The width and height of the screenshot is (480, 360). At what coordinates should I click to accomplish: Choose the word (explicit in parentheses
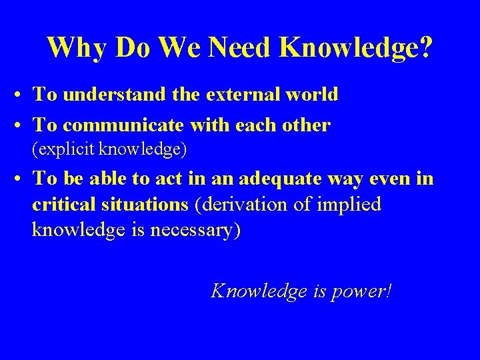(x=65, y=149)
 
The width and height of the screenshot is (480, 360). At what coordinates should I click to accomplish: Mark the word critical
(x=61, y=205)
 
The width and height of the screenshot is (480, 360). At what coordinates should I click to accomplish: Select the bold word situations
(x=141, y=205)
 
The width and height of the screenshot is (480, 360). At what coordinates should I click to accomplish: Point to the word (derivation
(x=243, y=205)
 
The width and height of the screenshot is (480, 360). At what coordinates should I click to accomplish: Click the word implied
(x=349, y=205)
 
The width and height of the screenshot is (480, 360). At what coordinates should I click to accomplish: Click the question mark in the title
(x=424, y=47)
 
